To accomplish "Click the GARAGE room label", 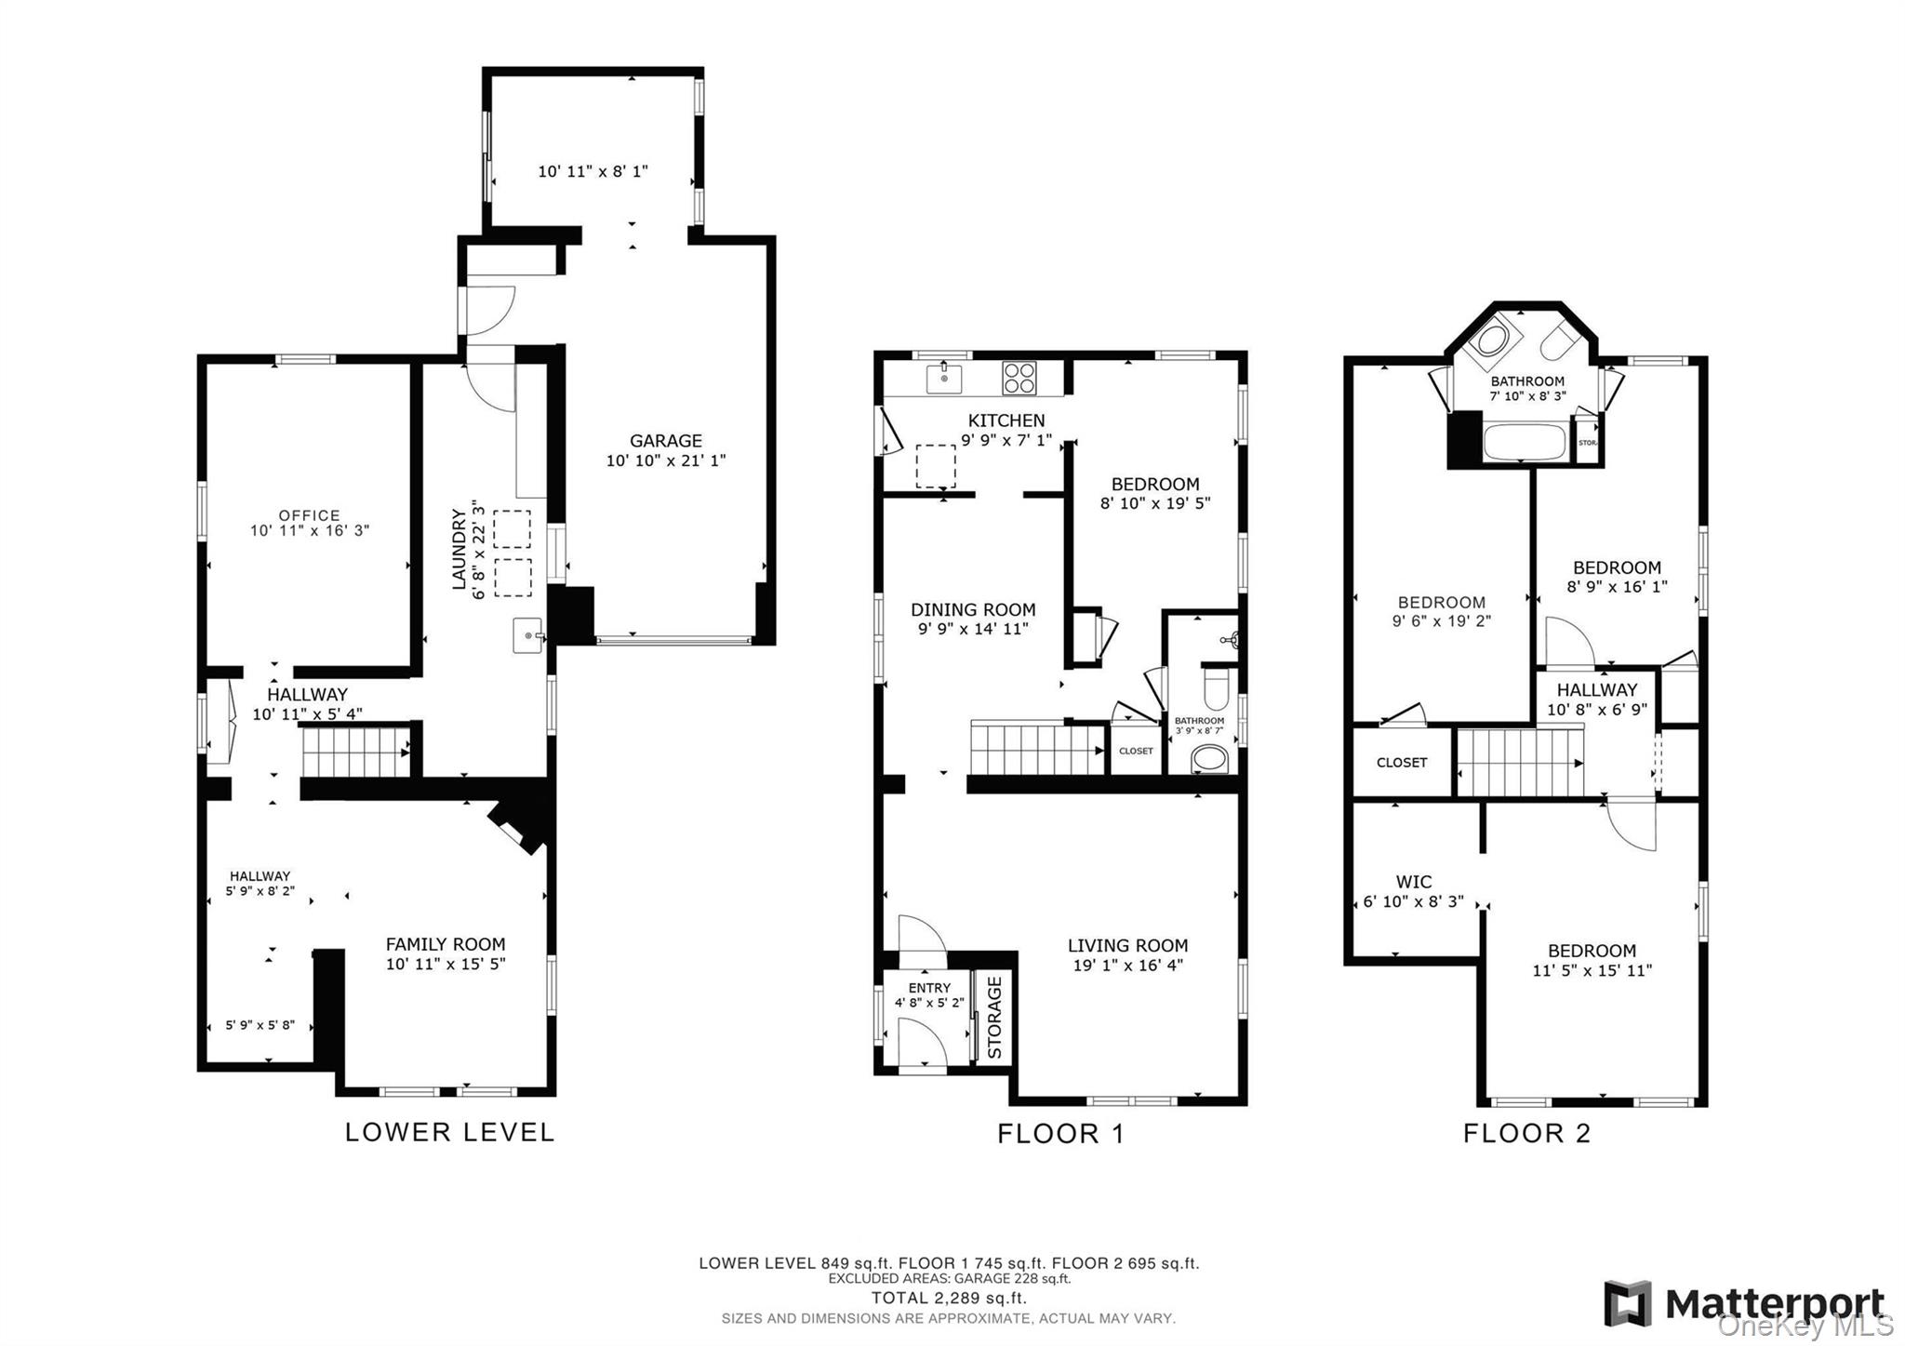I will pos(665,441).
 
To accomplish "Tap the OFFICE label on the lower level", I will pos(309,515).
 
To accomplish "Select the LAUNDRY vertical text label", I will pos(459,549).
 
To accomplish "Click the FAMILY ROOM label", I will pos(446,944).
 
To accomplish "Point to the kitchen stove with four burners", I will pos(1019,379).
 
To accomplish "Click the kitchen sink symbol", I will pos(944,379).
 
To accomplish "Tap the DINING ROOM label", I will pos(972,610).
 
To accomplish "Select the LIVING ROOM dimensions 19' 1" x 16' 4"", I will pos(1127,966).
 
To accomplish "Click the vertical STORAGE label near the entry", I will pos(994,1017).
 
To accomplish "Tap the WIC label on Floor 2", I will pos(1413,882).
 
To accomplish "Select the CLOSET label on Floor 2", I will pos(1401,763).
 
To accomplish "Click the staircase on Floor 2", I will pos(1519,763).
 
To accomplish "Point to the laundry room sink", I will pos(527,636).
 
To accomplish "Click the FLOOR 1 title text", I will pos(1060,1134).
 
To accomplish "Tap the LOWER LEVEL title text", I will pos(449,1132).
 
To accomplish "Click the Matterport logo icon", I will pos(1627,1303).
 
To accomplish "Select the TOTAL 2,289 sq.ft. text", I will pos(948,1298).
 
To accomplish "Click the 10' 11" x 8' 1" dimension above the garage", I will pos(593,171).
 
